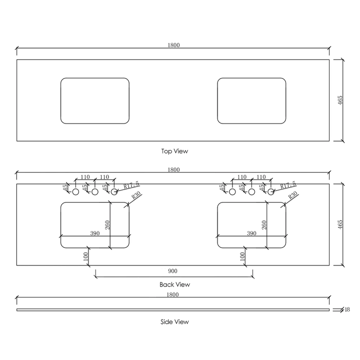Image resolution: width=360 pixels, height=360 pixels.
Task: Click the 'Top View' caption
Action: [174, 151]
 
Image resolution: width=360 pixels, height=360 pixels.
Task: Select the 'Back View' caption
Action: [174, 284]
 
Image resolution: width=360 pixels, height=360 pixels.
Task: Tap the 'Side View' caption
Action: [174, 322]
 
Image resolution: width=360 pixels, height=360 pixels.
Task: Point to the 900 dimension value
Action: [172, 271]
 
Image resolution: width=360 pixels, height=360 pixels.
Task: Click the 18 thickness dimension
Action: [347, 310]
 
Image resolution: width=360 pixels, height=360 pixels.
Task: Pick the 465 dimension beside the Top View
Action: [339, 100]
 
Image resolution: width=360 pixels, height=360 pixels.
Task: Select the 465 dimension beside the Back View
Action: [339, 224]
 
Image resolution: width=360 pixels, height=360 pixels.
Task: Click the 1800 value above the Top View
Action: [173, 45]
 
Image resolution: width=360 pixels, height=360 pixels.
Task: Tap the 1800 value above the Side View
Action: [173, 295]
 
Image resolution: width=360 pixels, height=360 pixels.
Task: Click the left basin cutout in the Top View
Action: [94, 100]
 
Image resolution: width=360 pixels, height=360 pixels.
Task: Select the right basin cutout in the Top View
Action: [251, 100]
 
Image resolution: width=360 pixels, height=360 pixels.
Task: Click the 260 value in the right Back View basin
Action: [263, 225]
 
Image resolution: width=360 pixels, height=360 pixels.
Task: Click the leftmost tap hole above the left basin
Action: [76, 191]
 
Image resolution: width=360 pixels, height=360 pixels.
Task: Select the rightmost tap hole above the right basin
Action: [271, 191]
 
